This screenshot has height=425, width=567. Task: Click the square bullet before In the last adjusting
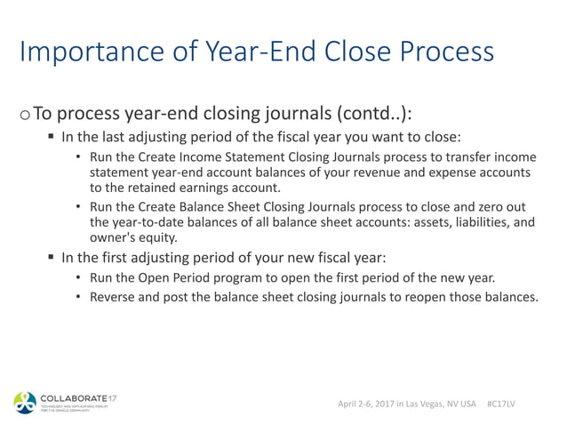click(52, 139)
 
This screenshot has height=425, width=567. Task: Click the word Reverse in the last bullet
click(113, 297)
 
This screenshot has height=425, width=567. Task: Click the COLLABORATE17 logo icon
click(23, 402)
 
